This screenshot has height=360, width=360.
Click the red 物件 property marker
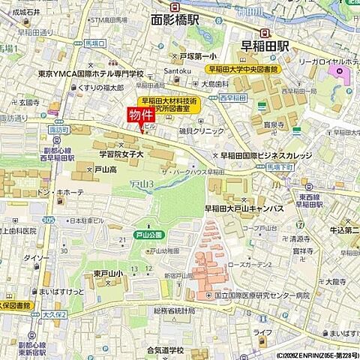pyautogui.click(x=140, y=115)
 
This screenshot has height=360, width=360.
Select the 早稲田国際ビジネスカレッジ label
pyautogui.click(x=266, y=155)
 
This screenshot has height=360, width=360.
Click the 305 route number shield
pyautogui.click(x=49, y=219)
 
